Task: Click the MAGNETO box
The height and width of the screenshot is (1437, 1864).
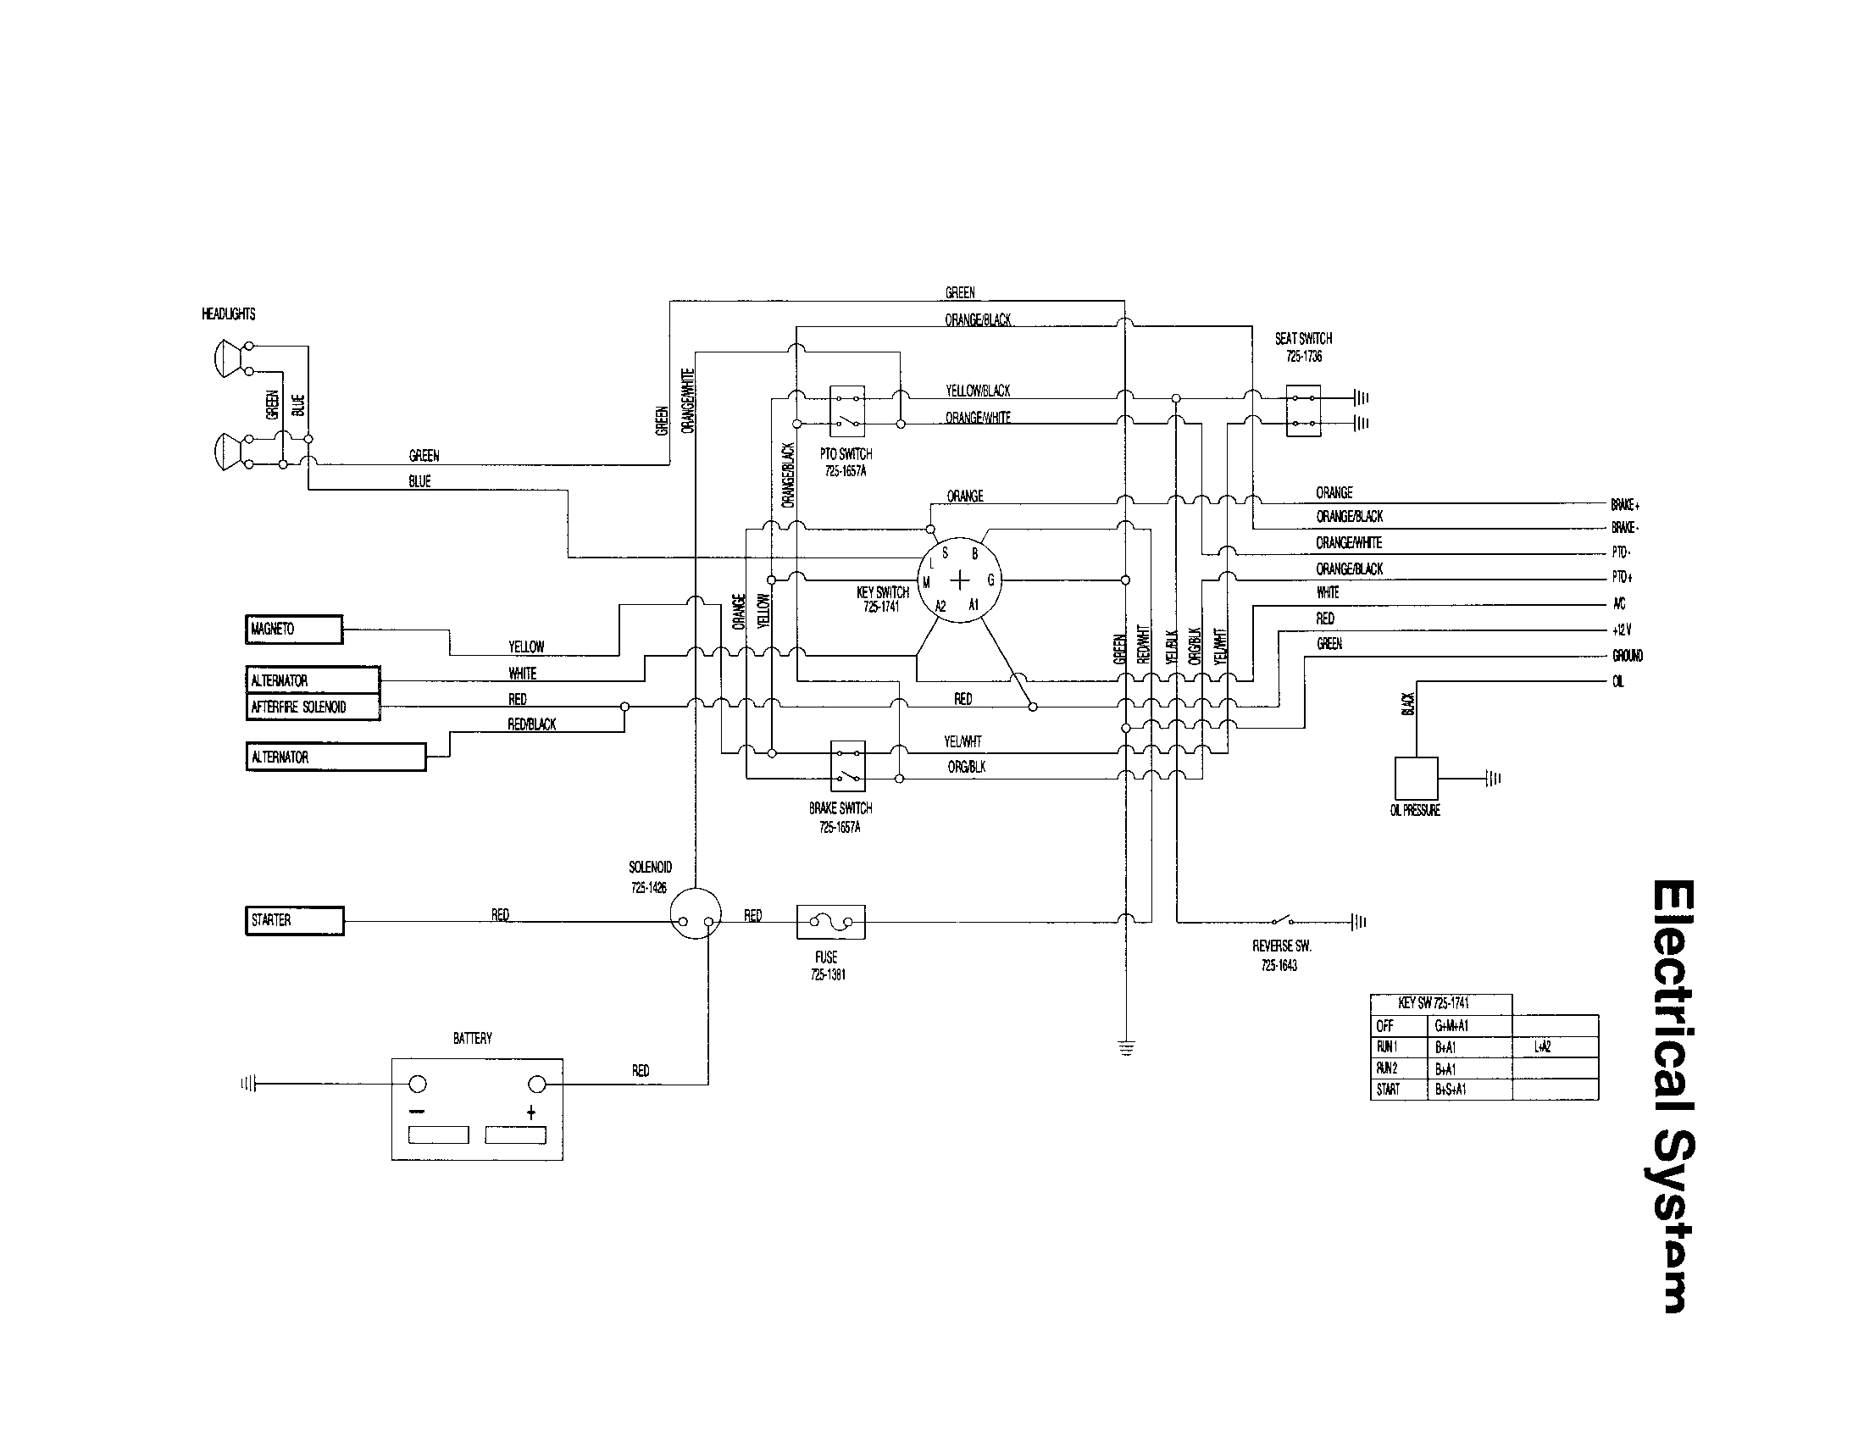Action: pyautogui.click(x=294, y=630)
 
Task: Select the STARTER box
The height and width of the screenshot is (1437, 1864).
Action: pyautogui.click(x=295, y=921)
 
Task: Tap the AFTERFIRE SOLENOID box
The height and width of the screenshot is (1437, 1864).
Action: pyautogui.click(x=313, y=707)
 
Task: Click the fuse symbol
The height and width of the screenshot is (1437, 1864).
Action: pyautogui.click(x=830, y=922)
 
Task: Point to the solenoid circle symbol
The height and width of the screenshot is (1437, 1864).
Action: pyautogui.click(x=695, y=913)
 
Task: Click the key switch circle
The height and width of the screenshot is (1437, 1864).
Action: pyautogui.click(x=959, y=580)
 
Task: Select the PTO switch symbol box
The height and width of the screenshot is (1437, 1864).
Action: pyautogui.click(x=846, y=410)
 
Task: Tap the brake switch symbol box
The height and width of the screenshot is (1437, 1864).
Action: pyautogui.click(x=847, y=765)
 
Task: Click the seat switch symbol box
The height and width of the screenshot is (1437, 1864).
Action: pyautogui.click(x=1303, y=410)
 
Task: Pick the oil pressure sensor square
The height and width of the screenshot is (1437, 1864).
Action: pyautogui.click(x=1416, y=778)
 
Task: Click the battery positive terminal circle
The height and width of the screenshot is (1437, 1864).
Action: pyautogui.click(x=537, y=1085)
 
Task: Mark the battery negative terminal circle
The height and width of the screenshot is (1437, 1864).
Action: pyautogui.click(x=418, y=1085)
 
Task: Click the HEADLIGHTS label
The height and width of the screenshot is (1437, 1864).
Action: pyautogui.click(x=228, y=314)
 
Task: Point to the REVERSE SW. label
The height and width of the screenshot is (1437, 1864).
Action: pyautogui.click(x=1281, y=946)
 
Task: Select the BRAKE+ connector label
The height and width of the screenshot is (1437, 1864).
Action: pyautogui.click(x=1625, y=504)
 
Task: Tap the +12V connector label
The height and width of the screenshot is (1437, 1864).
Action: pyautogui.click(x=1622, y=630)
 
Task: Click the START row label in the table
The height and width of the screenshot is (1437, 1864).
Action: pyautogui.click(x=1388, y=1090)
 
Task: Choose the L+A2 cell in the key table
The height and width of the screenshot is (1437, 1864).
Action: pyautogui.click(x=1542, y=1047)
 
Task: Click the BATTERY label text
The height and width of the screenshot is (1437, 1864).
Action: pyautogui.click(x=472, y=1039)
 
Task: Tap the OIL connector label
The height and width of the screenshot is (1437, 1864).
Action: pyautogui.click(x=1618, y=682)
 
